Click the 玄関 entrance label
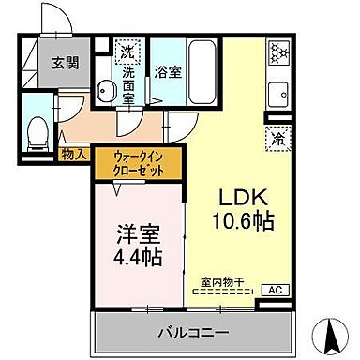[x=65, y=64]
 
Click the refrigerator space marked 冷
[x=277, y=137]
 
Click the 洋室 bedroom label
[x=136, y=232]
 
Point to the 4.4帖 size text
[x=136, y=256]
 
